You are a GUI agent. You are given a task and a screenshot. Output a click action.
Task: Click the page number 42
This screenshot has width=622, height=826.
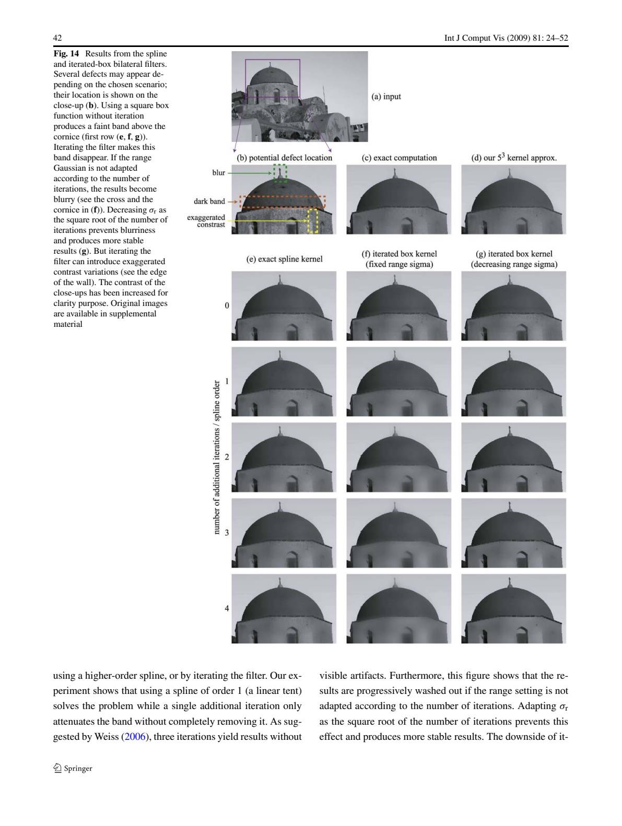[x=57, y=38]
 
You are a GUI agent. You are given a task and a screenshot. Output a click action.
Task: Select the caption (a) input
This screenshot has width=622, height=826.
[x=386, y=97]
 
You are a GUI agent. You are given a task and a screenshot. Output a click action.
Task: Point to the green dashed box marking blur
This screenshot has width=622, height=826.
[x=280, y=173]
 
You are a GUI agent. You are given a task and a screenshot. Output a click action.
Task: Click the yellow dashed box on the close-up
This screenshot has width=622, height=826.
[x=313, y=221]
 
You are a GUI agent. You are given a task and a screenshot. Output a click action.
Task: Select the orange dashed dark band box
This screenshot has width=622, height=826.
[x=283, y=202]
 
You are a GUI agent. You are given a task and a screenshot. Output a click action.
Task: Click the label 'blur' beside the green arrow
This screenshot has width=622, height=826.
[x=218, y=173]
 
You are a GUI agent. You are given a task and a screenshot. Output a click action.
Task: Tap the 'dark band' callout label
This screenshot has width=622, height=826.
[x=209, y=201]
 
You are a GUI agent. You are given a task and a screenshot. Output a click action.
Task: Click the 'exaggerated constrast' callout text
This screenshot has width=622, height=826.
[x=206, y=221]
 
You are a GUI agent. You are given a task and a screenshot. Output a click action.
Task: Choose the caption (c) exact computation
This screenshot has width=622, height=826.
[x=399, y=158]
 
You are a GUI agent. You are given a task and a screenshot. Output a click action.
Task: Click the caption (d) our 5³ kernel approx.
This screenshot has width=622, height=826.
[x=513, y=158]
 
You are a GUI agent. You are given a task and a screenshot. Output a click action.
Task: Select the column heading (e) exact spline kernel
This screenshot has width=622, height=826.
[x=284, y=259]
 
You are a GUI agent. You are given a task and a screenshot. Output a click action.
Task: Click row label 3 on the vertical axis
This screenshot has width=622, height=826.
[x=227, y=533]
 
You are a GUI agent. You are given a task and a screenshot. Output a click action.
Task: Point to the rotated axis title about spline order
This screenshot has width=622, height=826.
[x=217, y=457]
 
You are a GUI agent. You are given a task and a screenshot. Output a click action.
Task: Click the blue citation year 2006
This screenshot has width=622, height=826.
[x=134, y=737]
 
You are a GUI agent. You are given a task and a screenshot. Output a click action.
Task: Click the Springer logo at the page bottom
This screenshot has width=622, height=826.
[x=73, y=768]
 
